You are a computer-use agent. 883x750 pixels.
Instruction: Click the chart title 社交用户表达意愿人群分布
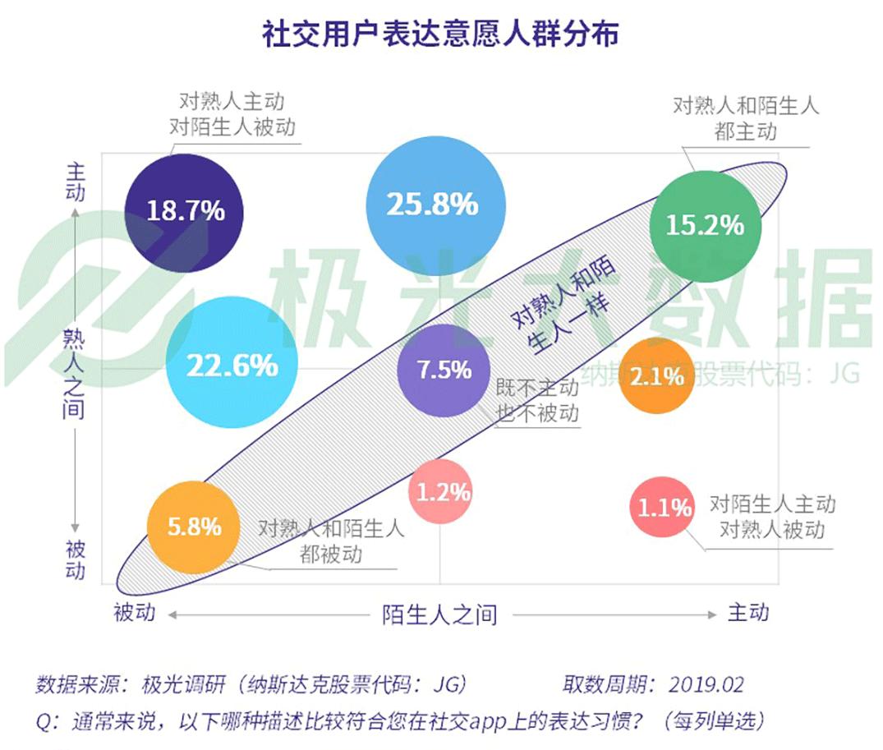[440, 35]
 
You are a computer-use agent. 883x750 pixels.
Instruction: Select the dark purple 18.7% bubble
[185, 210]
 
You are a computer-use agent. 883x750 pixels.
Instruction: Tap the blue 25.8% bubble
[433, 204]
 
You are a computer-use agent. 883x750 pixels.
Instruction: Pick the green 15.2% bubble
[705, 225]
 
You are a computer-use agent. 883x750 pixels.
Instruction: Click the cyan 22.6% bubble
[232, 365]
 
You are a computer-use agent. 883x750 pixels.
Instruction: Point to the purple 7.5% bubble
[444, 370]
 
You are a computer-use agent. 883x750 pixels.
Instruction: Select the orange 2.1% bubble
[655, 376]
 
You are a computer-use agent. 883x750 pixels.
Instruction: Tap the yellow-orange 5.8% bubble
[194, 526]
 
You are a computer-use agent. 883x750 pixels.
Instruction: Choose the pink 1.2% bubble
[443, 491]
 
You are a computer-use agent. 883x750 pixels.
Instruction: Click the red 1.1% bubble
[664, 508]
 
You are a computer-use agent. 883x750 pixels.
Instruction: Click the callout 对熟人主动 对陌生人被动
[232, 114]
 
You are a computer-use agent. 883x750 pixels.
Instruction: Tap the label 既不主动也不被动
[537, 400]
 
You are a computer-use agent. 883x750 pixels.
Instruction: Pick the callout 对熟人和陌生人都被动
[331, 541]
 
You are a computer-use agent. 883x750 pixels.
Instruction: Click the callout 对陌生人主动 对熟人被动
[772, 516]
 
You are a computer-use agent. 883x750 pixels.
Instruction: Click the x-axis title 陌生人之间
[439, 614]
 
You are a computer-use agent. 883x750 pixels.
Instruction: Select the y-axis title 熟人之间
[74, 372]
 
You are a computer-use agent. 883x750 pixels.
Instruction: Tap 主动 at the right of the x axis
[747, 612]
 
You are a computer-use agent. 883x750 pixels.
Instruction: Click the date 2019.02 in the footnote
[706, 684]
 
